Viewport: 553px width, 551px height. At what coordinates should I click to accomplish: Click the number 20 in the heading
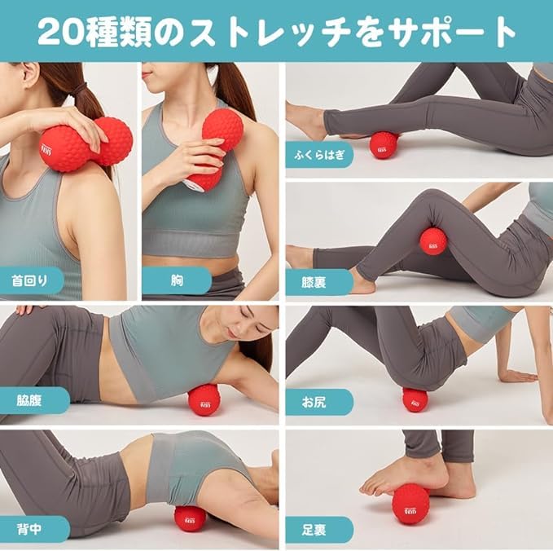(x=60, y=31)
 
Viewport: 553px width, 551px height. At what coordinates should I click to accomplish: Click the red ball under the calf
(x=383, y=145)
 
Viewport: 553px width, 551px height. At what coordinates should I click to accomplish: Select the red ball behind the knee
(x=432, y=241)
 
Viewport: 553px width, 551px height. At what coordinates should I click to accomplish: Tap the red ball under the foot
(x=410, y=505)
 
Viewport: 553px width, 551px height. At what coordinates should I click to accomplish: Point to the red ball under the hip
(x=415, y=399)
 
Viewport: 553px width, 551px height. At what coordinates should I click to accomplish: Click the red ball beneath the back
(x=191, y=518)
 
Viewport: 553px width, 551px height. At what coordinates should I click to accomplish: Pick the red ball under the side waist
(x=204, y=399)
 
